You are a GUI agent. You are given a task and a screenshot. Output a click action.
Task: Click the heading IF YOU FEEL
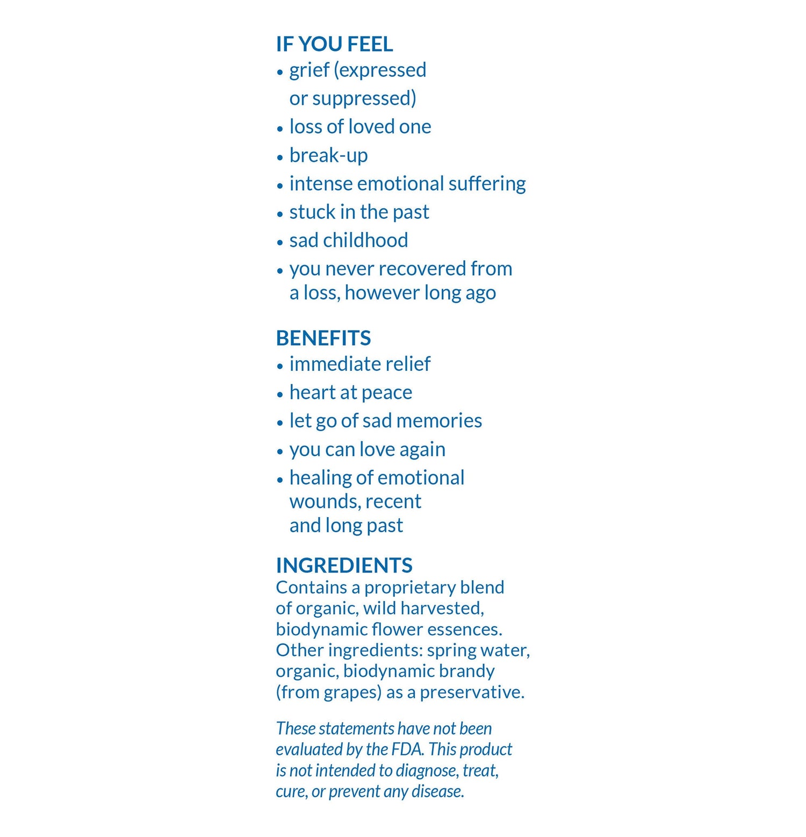[x=334, y=44]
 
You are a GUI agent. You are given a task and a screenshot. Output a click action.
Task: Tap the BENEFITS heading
[x=323, y=338]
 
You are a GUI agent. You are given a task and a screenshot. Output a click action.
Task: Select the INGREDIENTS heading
[x=344, y=566]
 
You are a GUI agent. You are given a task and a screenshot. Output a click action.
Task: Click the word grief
[x=309, y=70]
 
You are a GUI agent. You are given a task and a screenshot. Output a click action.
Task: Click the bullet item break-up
[x=328, y=155]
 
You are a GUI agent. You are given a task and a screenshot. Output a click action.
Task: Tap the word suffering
[x=487, y=184]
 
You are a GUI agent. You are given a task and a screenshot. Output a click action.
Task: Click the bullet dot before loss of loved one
[x=280, y=128]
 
